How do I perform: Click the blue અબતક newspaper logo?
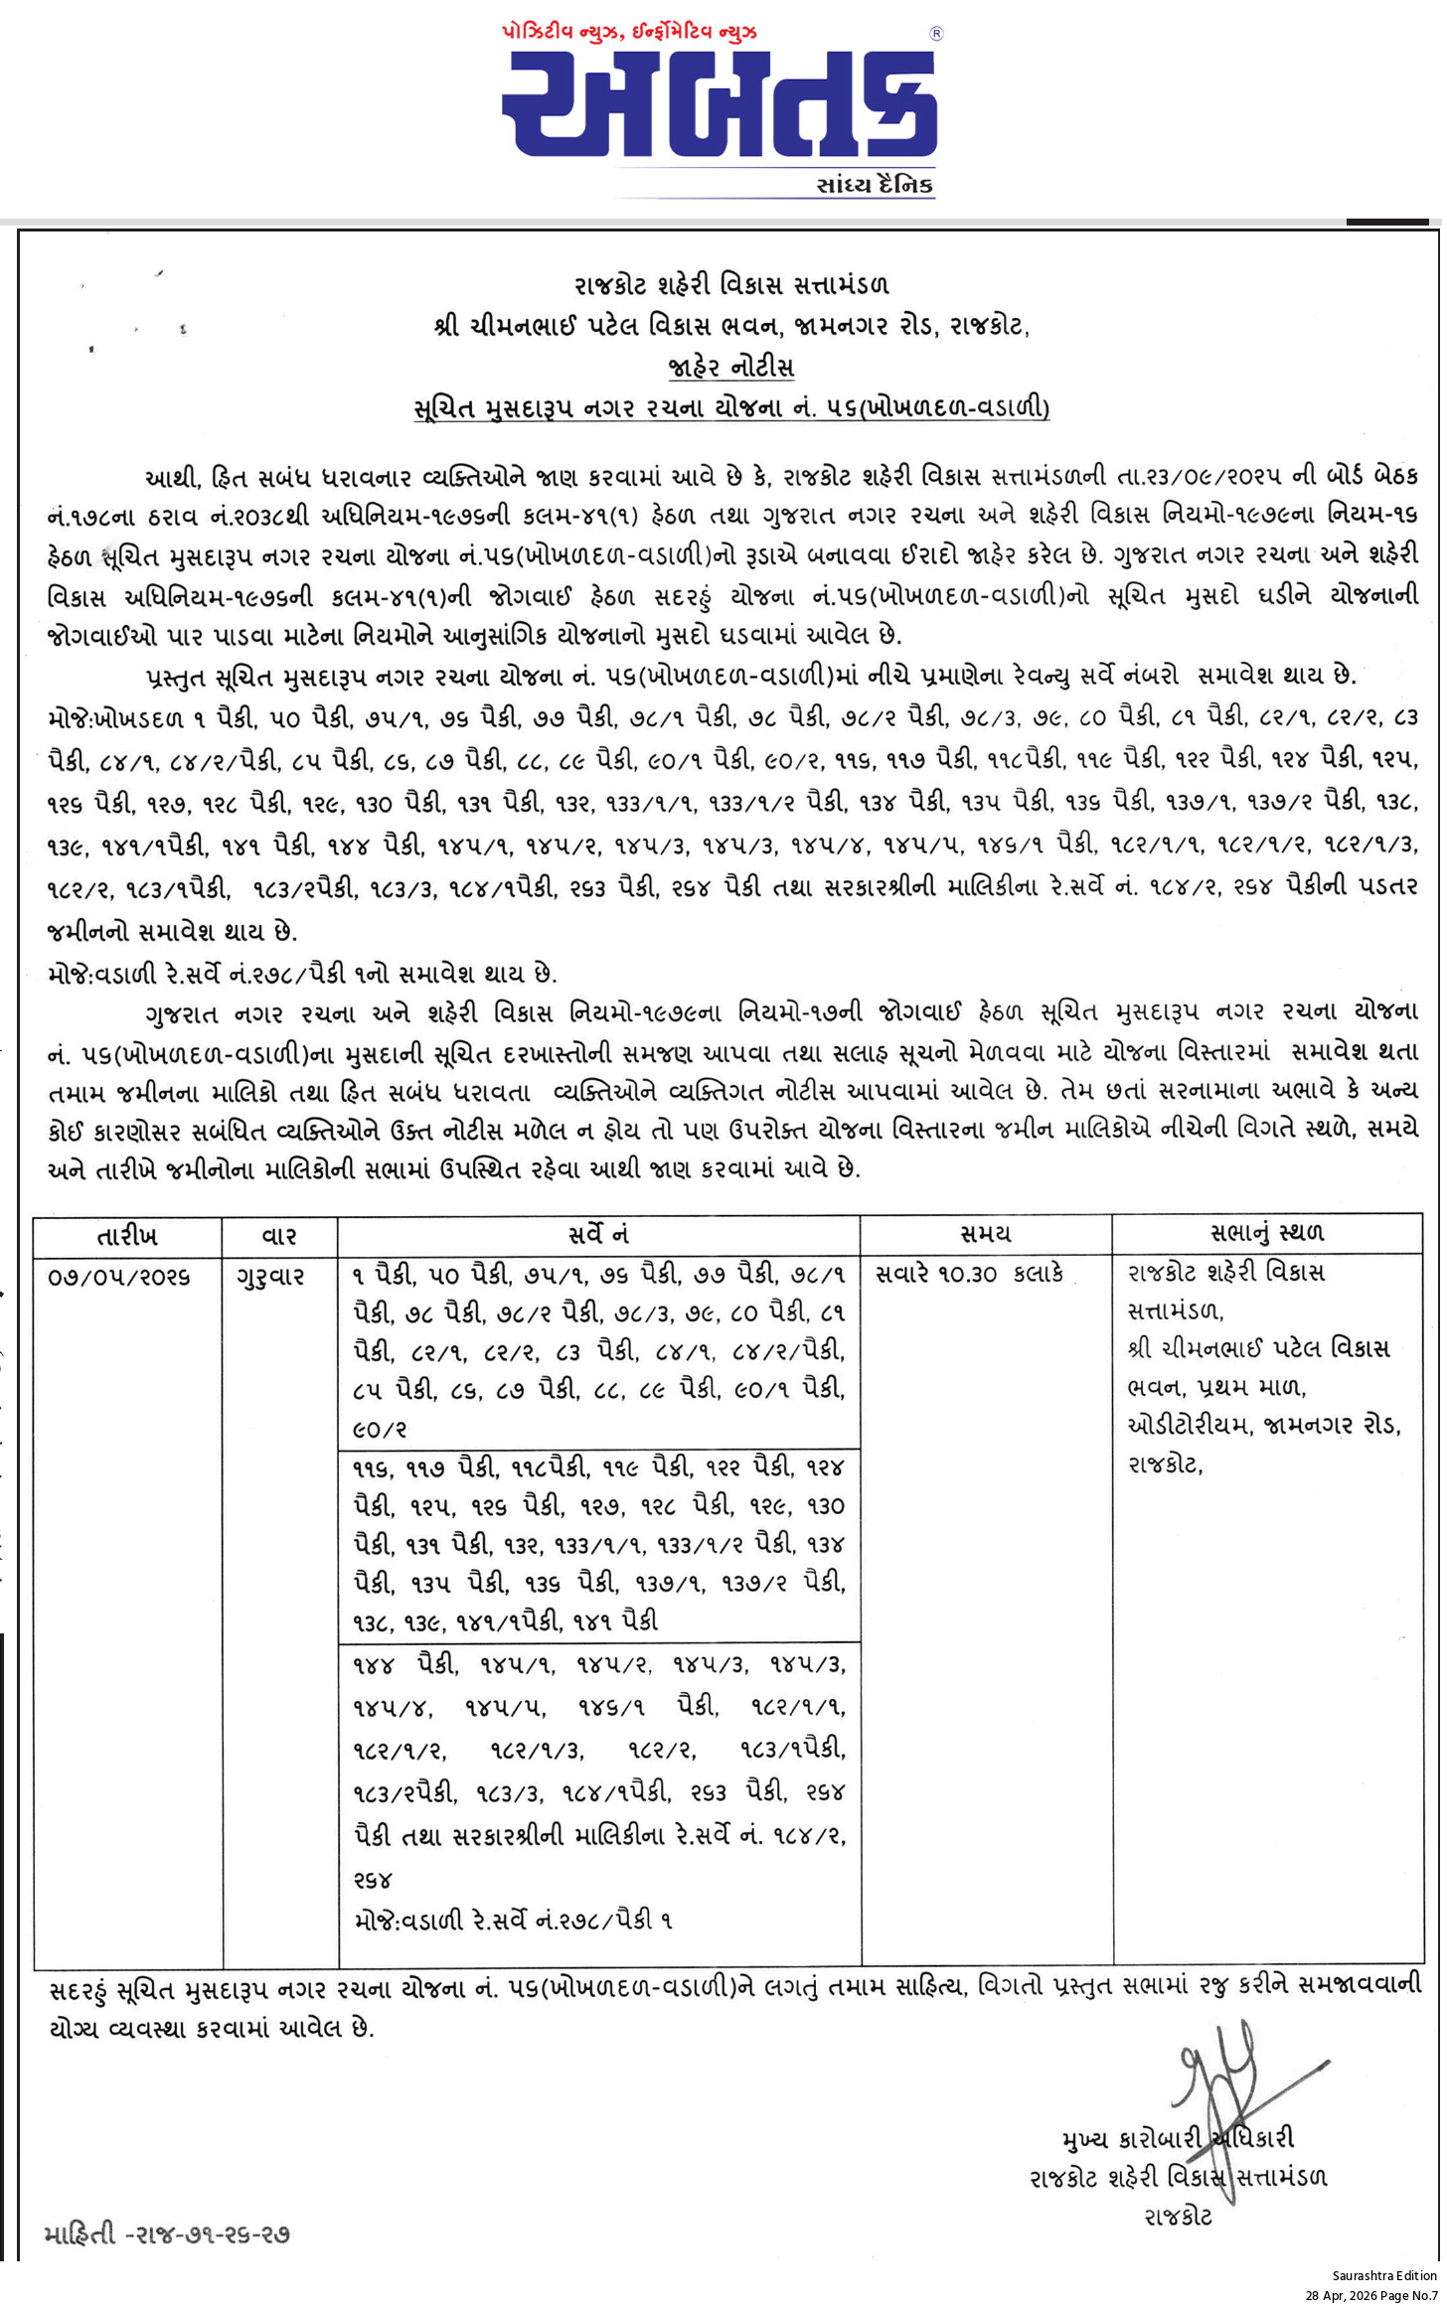point(720,103)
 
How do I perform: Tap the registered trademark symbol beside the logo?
point(935,34)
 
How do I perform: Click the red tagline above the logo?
point(629,33)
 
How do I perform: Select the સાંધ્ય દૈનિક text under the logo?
point(874,185)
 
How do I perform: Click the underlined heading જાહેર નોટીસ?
point(731,367)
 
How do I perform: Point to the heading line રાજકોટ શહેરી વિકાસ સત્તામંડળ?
point(731,285)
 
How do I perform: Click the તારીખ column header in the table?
point(127,1236)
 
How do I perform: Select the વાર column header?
point(279,1236)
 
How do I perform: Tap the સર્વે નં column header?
point(598,1235)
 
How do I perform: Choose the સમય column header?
point(985,1235)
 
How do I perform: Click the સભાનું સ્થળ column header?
point(1266,1234)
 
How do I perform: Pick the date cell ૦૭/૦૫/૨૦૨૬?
point(119,1276)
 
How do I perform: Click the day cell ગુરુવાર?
point(270,1276)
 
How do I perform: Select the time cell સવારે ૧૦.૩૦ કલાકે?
point(969,1274)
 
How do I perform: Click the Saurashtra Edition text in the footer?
point(1383,2275)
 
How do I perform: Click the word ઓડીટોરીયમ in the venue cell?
point(1189,1425)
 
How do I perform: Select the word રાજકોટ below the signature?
point(1178,2217)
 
